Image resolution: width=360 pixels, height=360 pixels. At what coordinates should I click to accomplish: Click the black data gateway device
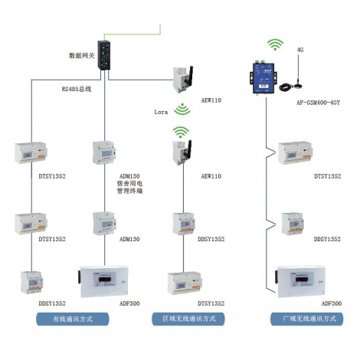coord(104,55)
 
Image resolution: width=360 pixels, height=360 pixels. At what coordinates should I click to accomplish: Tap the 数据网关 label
coord(82,55)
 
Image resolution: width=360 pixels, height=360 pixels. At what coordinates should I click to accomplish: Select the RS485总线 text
coord(77,89)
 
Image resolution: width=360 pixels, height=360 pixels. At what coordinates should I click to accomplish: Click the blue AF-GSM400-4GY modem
coord(263,78)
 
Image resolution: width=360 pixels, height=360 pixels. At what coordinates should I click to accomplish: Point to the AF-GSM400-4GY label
coord(318,103)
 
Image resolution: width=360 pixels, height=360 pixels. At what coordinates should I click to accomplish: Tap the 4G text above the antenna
coord(300,50)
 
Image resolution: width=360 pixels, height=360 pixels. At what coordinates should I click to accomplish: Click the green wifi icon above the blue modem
coord(275,44)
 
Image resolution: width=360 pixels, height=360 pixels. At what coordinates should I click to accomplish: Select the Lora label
coord(161,112)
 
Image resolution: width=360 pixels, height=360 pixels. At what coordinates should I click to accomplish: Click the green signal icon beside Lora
coord(182,109)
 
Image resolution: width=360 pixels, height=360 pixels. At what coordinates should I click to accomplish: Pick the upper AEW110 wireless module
coord(183,80)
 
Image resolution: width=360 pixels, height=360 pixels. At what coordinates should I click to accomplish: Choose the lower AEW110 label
coord(211,176)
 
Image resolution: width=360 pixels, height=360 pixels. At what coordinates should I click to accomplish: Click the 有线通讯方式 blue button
coord(73,319)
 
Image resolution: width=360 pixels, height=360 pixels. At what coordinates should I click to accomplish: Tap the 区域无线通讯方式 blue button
coord(188,319)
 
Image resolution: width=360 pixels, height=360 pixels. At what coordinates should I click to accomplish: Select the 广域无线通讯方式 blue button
coord(307,319)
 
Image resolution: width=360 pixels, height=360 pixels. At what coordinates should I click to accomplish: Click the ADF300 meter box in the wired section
coord(103,281)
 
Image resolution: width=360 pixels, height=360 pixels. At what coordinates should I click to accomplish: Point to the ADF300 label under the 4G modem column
coord(332,303)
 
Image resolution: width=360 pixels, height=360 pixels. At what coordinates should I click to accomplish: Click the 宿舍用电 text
coord(129,183)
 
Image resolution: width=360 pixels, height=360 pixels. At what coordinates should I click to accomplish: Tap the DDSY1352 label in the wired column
coord(52,303)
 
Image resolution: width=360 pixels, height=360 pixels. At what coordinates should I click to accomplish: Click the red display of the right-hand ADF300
coord(304,280)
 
